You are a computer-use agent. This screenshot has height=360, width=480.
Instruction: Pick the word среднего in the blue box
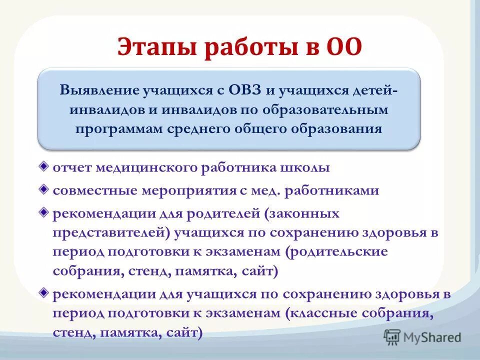click(196, 128)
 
